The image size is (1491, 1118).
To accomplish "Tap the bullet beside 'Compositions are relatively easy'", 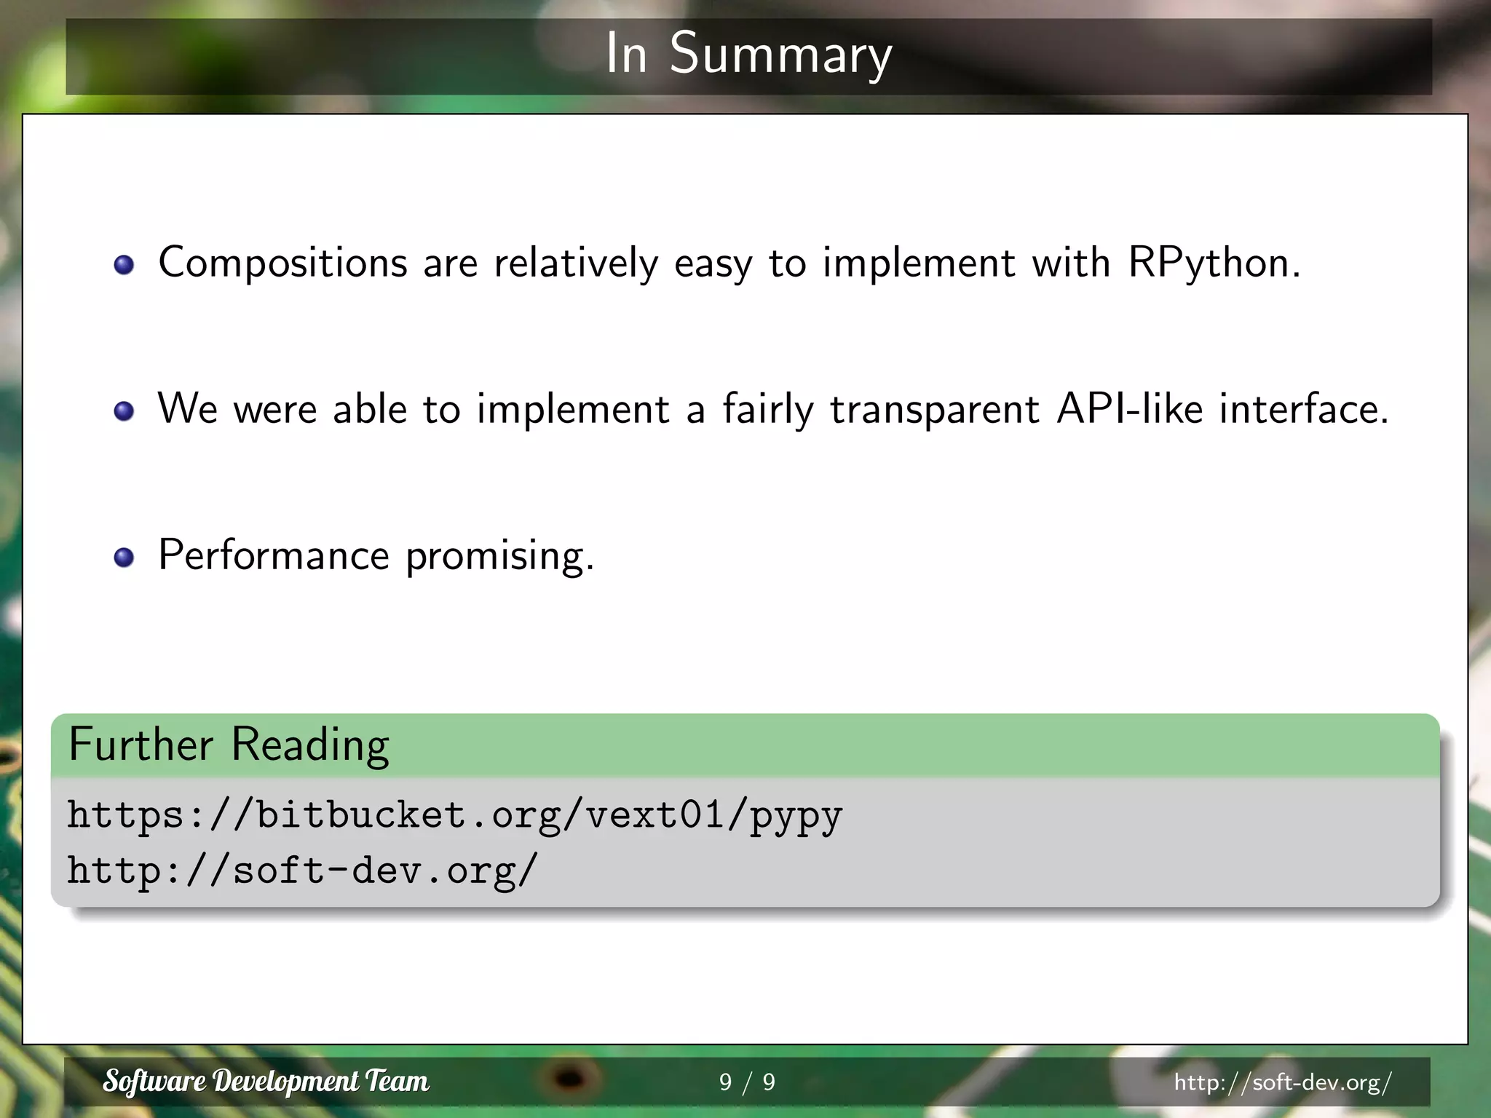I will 124,264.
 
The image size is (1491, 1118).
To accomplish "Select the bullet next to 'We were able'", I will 124,411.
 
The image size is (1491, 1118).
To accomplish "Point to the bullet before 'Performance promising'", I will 124,558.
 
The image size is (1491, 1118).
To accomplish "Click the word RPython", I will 1213,263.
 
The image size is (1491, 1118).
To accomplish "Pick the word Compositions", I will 282,263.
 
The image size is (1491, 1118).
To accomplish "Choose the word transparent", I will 934,411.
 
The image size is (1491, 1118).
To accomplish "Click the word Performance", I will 274,555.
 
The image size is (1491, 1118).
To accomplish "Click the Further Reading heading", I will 229,745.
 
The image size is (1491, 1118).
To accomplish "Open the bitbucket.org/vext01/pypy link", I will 455,815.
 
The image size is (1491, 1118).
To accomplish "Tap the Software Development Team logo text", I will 266,1082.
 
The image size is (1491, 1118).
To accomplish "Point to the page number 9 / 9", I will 747,1082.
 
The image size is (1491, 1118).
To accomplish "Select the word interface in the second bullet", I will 1303,409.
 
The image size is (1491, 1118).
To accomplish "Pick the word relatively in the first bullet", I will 576,263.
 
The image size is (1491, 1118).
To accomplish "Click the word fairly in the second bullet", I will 767,411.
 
